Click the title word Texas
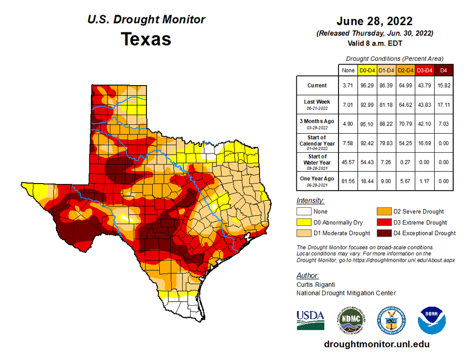click(146, 39)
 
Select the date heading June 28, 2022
click(374, 21)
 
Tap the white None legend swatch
click(304, 212)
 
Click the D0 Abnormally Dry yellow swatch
click(304, 222)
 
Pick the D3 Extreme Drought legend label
click(419, 222)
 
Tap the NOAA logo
click(431, 320)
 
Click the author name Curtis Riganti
click(316, 284)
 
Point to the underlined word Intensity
click(311, 200)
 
